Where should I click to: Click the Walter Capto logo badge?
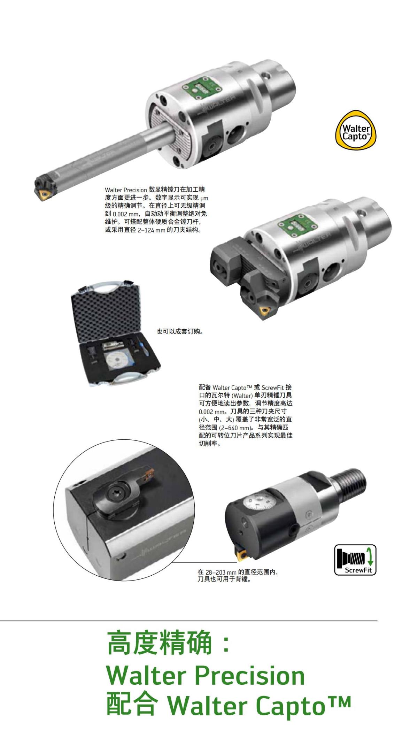point(355,129)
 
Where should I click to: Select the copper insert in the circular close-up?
point(151,474)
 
